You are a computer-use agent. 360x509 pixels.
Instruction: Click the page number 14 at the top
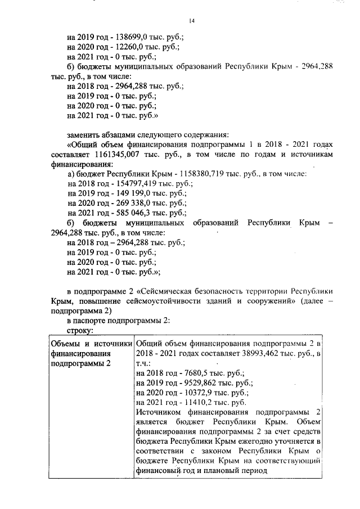pos(191,21)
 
